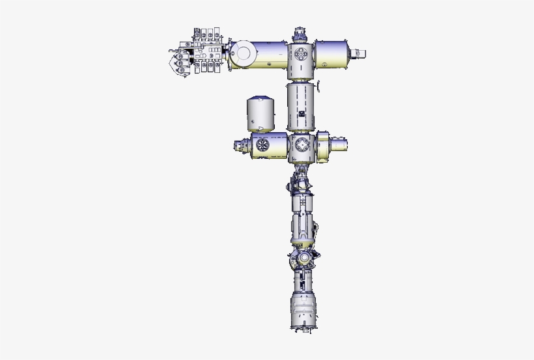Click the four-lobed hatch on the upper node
tap(302, 55)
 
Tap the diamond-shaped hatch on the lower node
tap(301, 145)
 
